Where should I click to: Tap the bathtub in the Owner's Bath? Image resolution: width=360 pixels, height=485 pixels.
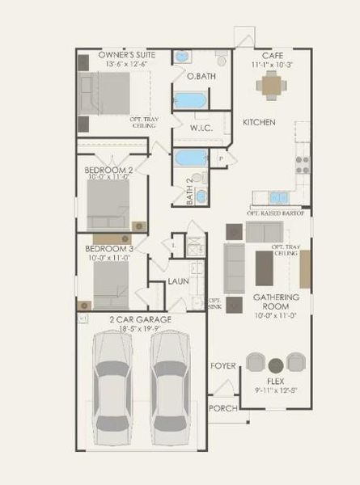point(190,101)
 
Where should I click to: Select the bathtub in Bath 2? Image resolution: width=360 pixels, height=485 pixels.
point(191,157)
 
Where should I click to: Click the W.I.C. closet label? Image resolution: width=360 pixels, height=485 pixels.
point(201,129)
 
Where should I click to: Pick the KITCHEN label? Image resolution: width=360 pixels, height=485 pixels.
point(260,122)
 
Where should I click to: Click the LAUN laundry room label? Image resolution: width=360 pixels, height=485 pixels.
point(179,281)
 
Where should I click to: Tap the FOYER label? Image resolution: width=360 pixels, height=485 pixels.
point(223,366)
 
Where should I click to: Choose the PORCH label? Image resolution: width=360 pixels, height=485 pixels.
point(222,408)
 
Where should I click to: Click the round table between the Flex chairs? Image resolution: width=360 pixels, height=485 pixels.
point(276,364)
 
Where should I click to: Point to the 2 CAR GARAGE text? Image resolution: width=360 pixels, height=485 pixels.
point(140,319)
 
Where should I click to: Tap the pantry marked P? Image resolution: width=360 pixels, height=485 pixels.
point(221,158)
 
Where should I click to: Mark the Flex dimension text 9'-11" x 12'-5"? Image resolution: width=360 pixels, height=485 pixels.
point(277,390)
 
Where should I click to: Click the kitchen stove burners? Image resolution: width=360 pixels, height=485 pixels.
point(302,164)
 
